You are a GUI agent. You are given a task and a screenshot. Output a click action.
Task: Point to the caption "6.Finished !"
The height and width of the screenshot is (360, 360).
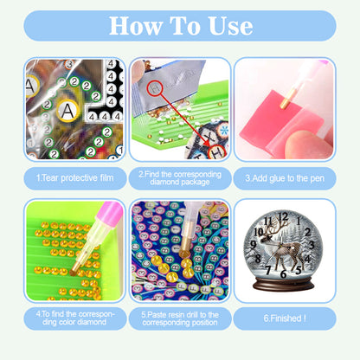[x=284, y=318]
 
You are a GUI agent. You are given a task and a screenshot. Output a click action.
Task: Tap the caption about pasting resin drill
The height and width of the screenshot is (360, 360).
[x=179, y=318]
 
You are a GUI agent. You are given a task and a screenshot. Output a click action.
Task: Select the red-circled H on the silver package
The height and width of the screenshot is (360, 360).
[x=156, y=87]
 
